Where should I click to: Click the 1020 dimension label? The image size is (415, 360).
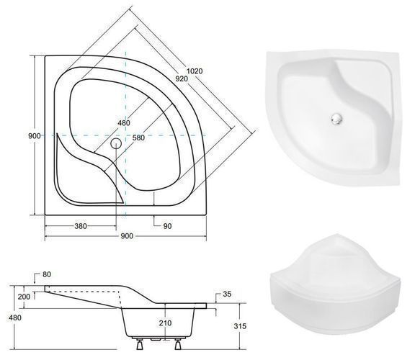click(195, 71)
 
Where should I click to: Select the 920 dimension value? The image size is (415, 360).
click(182, 78)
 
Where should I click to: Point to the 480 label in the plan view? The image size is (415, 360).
click(124, 123)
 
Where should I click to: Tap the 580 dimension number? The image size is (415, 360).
click(138, 138)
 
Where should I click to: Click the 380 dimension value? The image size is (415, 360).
click(81, 226)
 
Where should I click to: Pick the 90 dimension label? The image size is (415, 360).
click(168, 226)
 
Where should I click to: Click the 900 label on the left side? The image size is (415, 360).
click(35, 136)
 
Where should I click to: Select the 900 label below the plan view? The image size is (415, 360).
click(127, 236)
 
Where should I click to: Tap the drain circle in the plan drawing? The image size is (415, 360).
click(116, 143)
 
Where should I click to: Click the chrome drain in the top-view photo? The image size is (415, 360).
click(336, 118)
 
